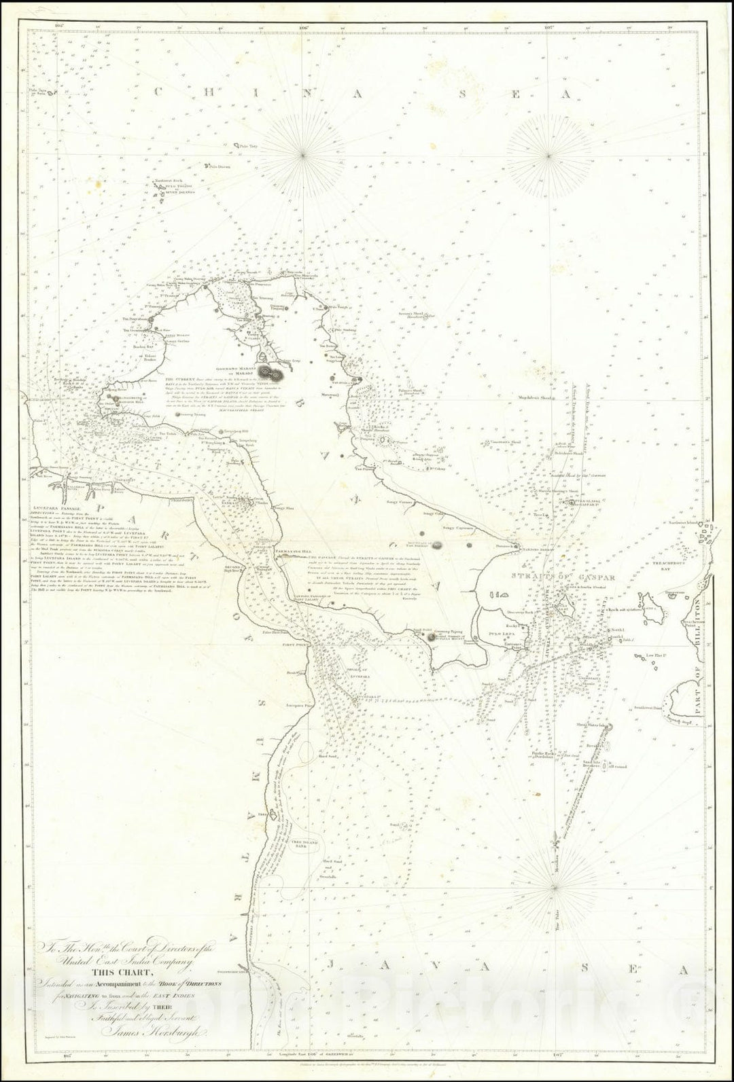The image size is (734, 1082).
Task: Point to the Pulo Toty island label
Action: tap(243, 145)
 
